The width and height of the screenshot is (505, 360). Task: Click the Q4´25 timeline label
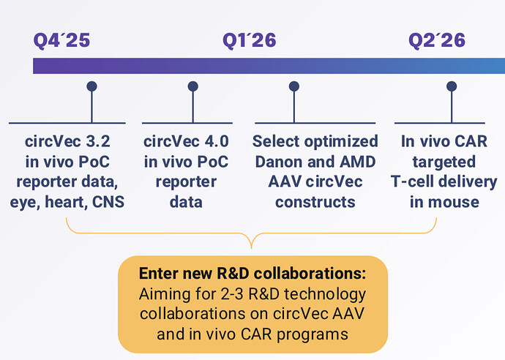click(61, 40)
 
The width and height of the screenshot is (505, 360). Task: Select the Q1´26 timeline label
click(249, 40)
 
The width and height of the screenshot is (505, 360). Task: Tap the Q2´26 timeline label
click(436, 40)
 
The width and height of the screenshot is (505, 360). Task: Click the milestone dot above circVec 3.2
click(91, 86)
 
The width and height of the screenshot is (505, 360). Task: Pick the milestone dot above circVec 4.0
click(192, 86)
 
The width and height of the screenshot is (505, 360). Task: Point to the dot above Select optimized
click(293, 86)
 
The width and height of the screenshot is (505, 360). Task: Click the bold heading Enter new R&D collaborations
click(252, 275)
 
